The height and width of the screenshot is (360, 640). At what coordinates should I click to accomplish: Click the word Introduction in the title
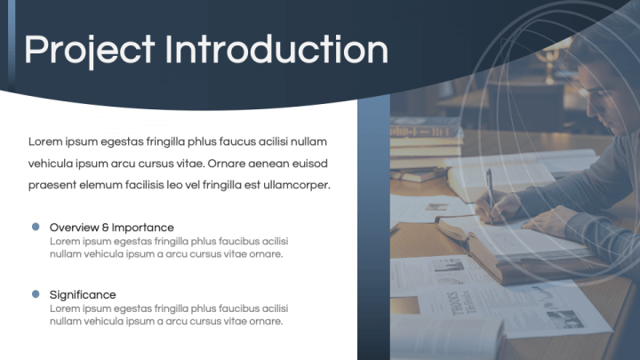click(x=276, y=49)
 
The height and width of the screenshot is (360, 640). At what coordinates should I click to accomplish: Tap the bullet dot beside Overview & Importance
click(x=36, y=227)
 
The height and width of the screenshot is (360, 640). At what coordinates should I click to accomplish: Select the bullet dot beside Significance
click(x=36, y=293)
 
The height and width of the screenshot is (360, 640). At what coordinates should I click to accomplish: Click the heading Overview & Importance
click(x=111, y=228)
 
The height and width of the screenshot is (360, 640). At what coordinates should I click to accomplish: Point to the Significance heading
click(x=83, y=294)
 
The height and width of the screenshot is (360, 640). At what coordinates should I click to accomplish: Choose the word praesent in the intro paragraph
click(x=53, y=185)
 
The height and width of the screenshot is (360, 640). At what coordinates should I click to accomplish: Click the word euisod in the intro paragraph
click(x=309, y=164)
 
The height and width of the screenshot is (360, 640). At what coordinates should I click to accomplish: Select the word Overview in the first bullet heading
click(x=74, y=228)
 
